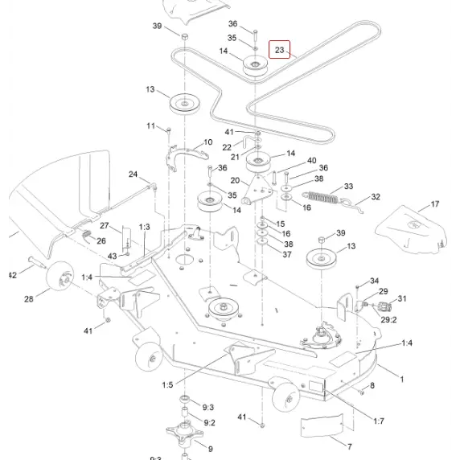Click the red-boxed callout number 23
(x=279, y=50)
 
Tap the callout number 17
(x=435, y=204)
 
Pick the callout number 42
(x=11, y=275)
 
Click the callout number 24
(x=133, y=175)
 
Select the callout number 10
(x=207, y=142)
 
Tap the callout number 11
(x=150, y=126)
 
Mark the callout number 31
(x=401, y=298)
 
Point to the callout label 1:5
(x=166, y=385)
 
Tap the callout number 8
(x=372, y=387)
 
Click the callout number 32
(x=376, y=197)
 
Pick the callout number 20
(x=235, y=181)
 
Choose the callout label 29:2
(x=388, y=319)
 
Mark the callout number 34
(x=374, y=281)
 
